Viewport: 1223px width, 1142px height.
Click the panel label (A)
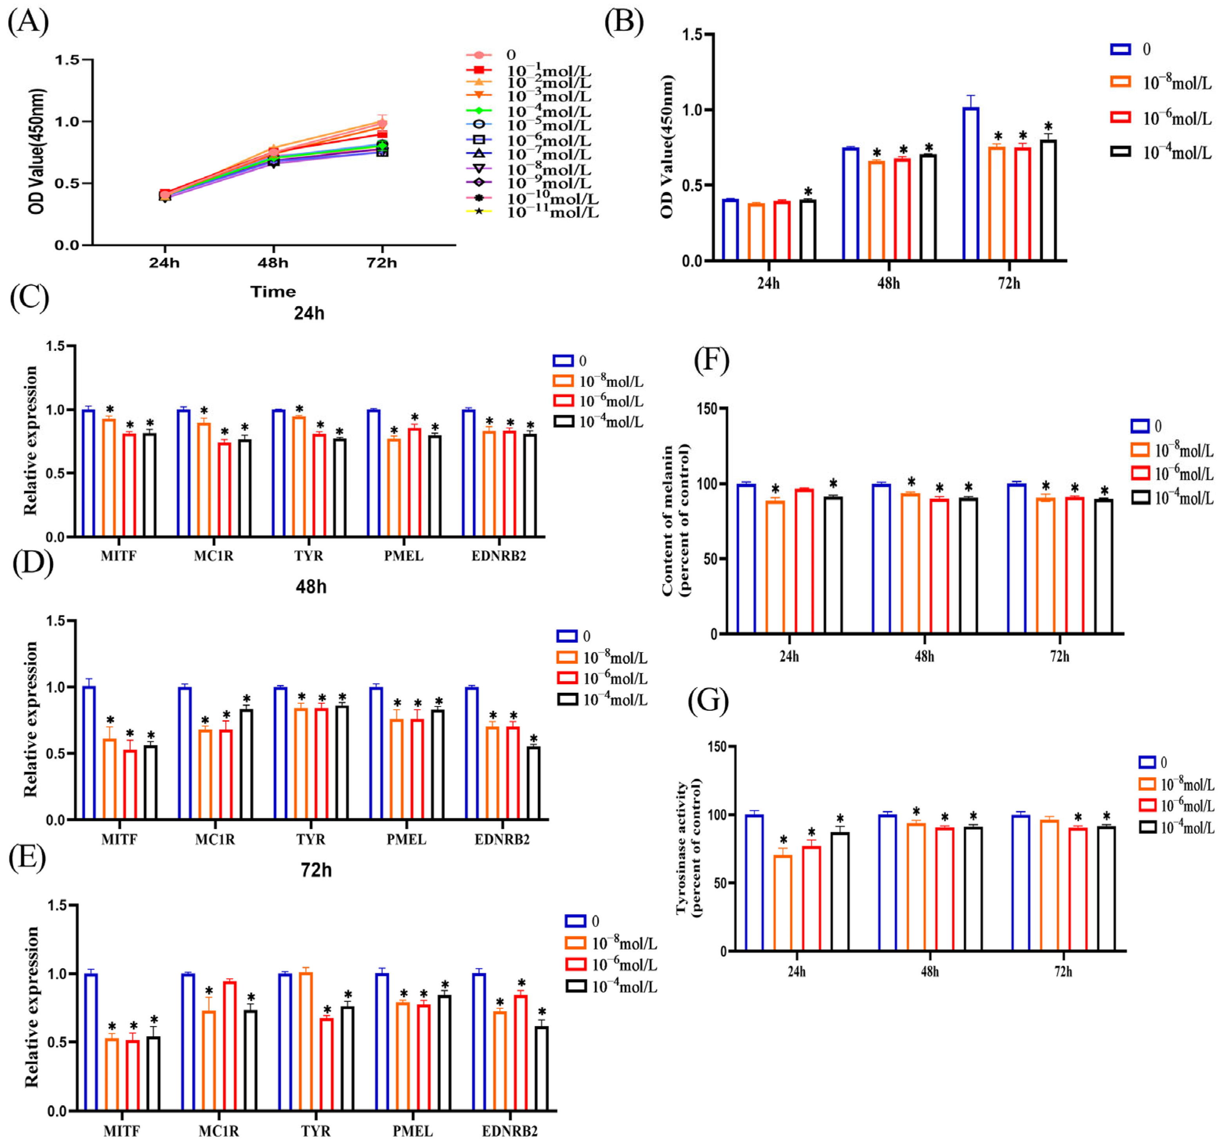pos(28,22)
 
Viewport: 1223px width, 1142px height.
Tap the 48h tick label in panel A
pos(273,263)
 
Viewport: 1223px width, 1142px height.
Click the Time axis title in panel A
pos(273,292)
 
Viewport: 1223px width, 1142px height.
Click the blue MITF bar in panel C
pos(88,473)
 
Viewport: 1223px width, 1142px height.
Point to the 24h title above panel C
pos(309,314)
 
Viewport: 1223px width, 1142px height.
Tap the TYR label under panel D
pos(310,839)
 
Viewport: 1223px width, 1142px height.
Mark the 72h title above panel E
pos(316,870)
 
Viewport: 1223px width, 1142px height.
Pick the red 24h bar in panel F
pos(804,561)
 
